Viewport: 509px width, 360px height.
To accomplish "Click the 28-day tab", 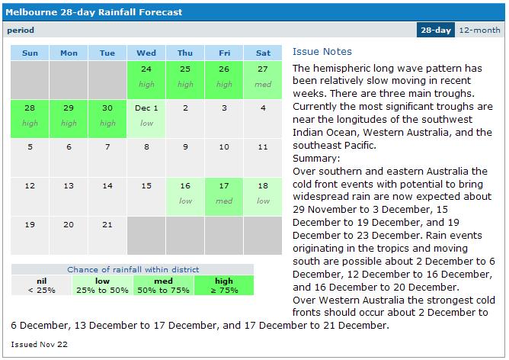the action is pos(436,30).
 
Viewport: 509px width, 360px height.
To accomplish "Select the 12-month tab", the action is pos(479,30).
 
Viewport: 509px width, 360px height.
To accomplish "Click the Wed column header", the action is pos(146,53).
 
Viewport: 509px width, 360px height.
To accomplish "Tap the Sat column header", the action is pos(263,53).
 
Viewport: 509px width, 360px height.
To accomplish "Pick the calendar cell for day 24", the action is pos(146,80).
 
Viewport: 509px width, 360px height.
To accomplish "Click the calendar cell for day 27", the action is pos(263,80).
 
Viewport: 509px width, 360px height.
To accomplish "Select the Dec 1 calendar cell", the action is pos(146,119).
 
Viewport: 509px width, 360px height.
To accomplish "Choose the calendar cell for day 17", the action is pos(224,197).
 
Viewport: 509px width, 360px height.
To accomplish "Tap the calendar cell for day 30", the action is pos(107,119).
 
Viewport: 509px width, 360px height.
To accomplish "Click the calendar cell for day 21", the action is pos(107,236).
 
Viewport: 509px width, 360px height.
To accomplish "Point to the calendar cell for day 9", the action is pos(185,158).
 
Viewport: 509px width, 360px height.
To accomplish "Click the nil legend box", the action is pos(42,285).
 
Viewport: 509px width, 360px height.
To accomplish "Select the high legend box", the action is pos(224,285).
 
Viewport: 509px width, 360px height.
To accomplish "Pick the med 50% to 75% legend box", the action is pos(163,285).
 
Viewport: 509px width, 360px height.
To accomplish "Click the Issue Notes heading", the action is pos(322,52).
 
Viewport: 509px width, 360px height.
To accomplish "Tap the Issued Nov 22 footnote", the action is pos(39,345).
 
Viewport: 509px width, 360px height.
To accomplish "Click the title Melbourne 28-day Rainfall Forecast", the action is pos(94,12).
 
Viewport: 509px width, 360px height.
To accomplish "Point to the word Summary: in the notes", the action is pos(316,159).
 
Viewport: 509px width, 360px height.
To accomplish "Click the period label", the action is pos(21,31).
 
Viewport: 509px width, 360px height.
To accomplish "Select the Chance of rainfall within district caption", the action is pos(133,269).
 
